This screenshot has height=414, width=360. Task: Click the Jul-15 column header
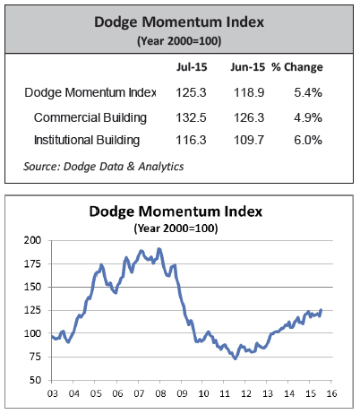click(x=192, y=67)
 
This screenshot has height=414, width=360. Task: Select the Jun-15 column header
click(x=247, y=67)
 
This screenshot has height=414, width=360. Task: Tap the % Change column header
click(x=297, y=67)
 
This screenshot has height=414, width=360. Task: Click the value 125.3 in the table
click(x=191, y=92)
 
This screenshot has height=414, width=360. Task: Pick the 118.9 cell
click(x=249, y=92)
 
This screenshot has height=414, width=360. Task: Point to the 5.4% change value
click(x=308, y=92)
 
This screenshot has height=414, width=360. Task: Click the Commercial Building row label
click(x=90, y=117)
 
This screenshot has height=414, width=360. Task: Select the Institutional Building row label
click(x=87, y=140)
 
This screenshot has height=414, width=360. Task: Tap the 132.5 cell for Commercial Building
click(x=191, y=117)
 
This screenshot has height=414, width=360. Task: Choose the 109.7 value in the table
click(x=249, y=140)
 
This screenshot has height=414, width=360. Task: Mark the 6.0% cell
click(x=308, y=140)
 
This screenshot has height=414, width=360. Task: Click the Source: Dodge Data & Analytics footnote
click(x=104, y=167)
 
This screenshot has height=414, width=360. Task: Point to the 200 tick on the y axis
click(x=32, y=240)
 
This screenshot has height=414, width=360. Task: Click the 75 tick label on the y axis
click(x=35, y=357)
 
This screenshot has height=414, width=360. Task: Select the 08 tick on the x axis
click(x=160, y=393)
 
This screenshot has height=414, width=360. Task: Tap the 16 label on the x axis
click(x=331, y=393)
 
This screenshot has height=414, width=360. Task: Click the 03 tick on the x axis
click(x=53, y=393)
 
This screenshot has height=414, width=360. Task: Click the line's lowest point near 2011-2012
click(x=236, y=358)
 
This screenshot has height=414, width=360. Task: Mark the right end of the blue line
click(x=321, y=310)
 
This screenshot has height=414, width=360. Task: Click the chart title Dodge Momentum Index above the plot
click(x=176, y=211)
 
